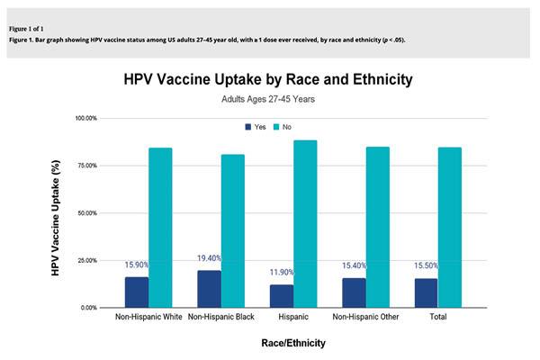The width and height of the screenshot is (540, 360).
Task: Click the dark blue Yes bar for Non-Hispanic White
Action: (x=137, y=292)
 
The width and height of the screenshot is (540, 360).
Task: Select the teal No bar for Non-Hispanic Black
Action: (x=233, y=231)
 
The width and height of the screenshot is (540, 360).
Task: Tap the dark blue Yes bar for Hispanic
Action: (x=282, y=296)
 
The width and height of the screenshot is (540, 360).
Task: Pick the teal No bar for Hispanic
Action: (x=306, y=224)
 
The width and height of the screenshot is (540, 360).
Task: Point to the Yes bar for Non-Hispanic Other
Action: (x=354, y=292)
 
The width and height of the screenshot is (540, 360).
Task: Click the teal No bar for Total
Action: (x=450, y=228)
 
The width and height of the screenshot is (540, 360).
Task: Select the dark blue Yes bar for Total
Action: (x=426, y=292)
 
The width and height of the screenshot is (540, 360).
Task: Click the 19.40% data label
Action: (x=210, y=258)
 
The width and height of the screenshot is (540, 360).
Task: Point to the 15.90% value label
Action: (x=137, y=265)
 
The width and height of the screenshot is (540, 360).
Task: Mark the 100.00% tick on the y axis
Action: (x=85, y=119)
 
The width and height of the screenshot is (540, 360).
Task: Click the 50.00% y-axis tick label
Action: (x=87, y=213)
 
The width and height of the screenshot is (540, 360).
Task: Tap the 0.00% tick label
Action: (x=89, y=308)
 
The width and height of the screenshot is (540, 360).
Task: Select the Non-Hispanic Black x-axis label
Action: (x=221, y=318)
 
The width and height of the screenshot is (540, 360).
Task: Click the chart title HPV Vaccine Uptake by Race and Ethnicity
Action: (x=268, y=79)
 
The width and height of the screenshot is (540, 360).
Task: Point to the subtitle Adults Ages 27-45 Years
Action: (x=268, y=99)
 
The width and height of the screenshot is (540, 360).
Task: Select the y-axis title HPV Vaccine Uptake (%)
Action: (x=56, y=212)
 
